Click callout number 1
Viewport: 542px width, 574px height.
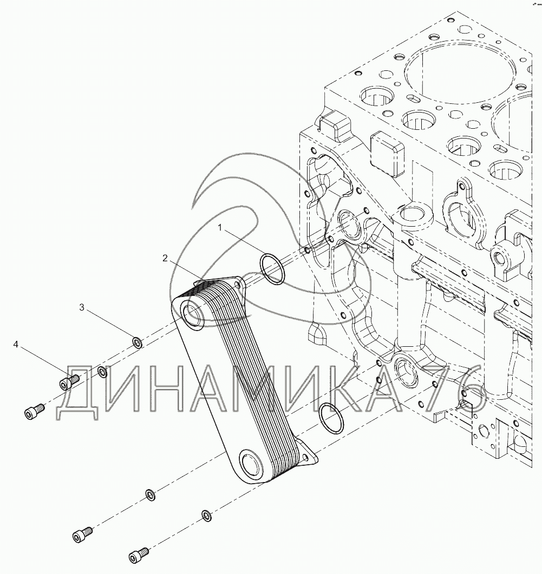tap(220, 228)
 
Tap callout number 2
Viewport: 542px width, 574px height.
tap(165, 258)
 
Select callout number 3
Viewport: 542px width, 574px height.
tap(82, 307)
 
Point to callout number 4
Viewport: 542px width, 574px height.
tap(16, 344)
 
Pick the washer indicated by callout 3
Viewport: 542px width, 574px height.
tap(138, 342)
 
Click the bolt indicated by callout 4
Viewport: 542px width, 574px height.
tap(68, 382)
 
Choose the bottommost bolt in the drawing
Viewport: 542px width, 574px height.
tap(138, 555)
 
